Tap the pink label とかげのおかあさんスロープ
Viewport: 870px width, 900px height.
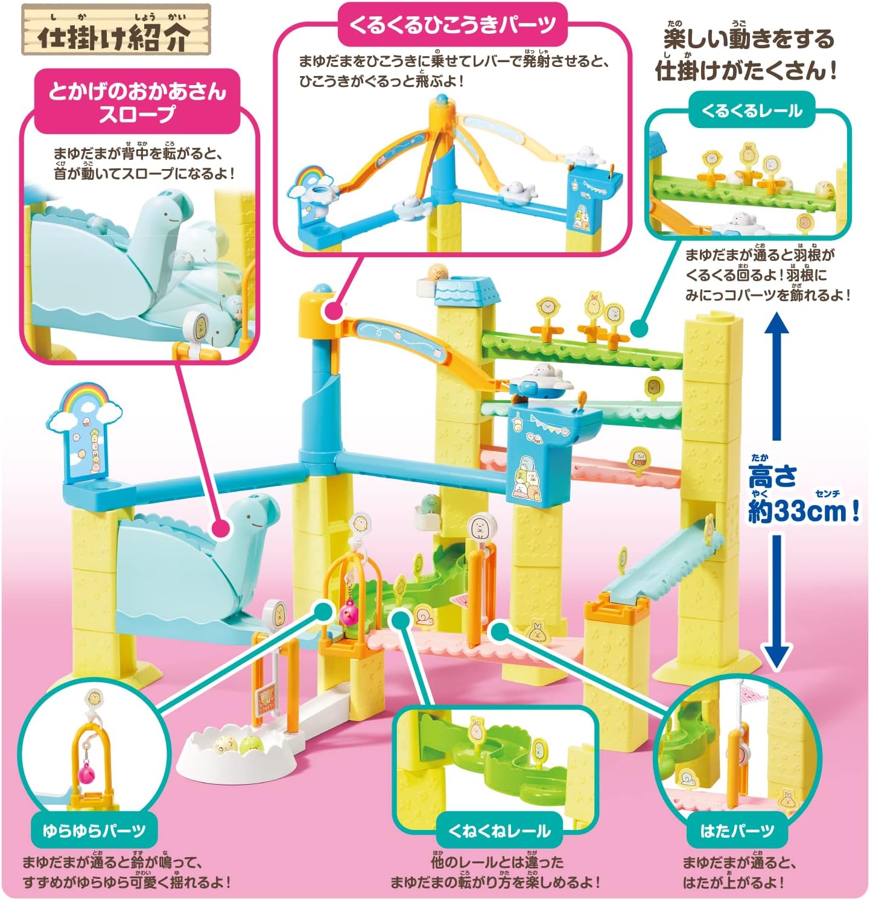pos(137,101)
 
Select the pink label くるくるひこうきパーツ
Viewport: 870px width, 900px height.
pos(452,25)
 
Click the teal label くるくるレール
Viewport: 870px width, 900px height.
pos(751,111)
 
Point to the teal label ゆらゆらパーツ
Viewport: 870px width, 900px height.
pos(94,831)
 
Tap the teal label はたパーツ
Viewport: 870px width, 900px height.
pos(736,831)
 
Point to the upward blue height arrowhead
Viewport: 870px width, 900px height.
pos(777,329)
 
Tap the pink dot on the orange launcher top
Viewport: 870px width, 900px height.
pos(330,311)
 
